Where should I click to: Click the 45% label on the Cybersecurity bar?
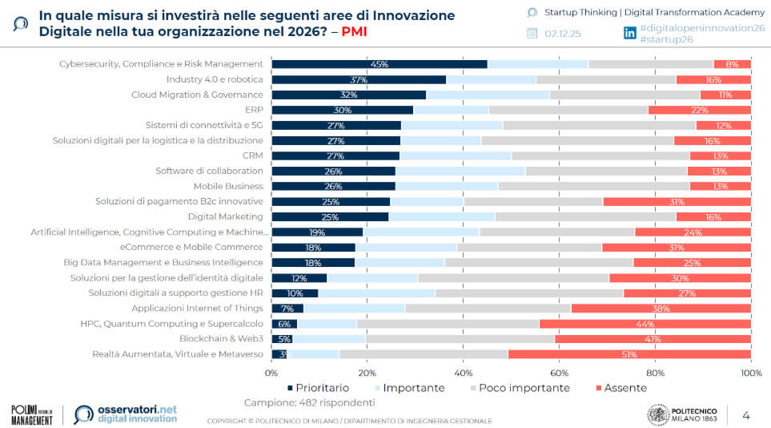coord(379,64)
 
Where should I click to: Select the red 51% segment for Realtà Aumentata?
coord(629,353)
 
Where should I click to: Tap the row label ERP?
coord(253,110)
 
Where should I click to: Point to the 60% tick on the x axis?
coord(559,373)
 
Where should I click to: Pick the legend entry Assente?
coord(624,388)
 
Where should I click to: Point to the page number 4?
coord(746,414)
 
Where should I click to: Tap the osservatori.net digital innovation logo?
coord(125,414)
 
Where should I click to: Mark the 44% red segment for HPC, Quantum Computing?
coord(645,324)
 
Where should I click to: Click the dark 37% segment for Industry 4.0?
coord(359,79)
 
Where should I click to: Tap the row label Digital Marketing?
coord(225,216)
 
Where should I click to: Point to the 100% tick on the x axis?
coord(750,373)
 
